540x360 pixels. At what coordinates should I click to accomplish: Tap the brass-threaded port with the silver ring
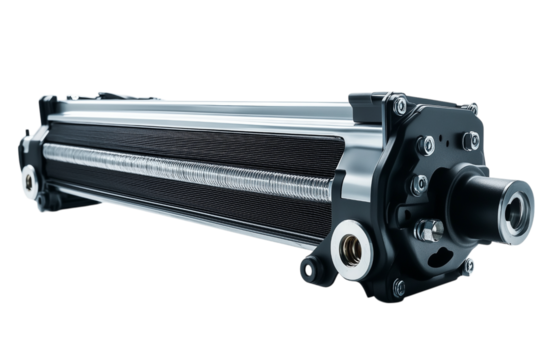point(351,243)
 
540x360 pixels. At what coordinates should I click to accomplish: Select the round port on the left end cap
point(28,180)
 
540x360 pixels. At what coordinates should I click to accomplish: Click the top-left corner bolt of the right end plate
point(398,103)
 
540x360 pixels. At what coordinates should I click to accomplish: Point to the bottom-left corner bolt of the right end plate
point(397,285)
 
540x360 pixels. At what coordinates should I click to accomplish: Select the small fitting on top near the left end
point(105,95)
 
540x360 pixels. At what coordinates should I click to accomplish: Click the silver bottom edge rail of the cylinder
point(200,227)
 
